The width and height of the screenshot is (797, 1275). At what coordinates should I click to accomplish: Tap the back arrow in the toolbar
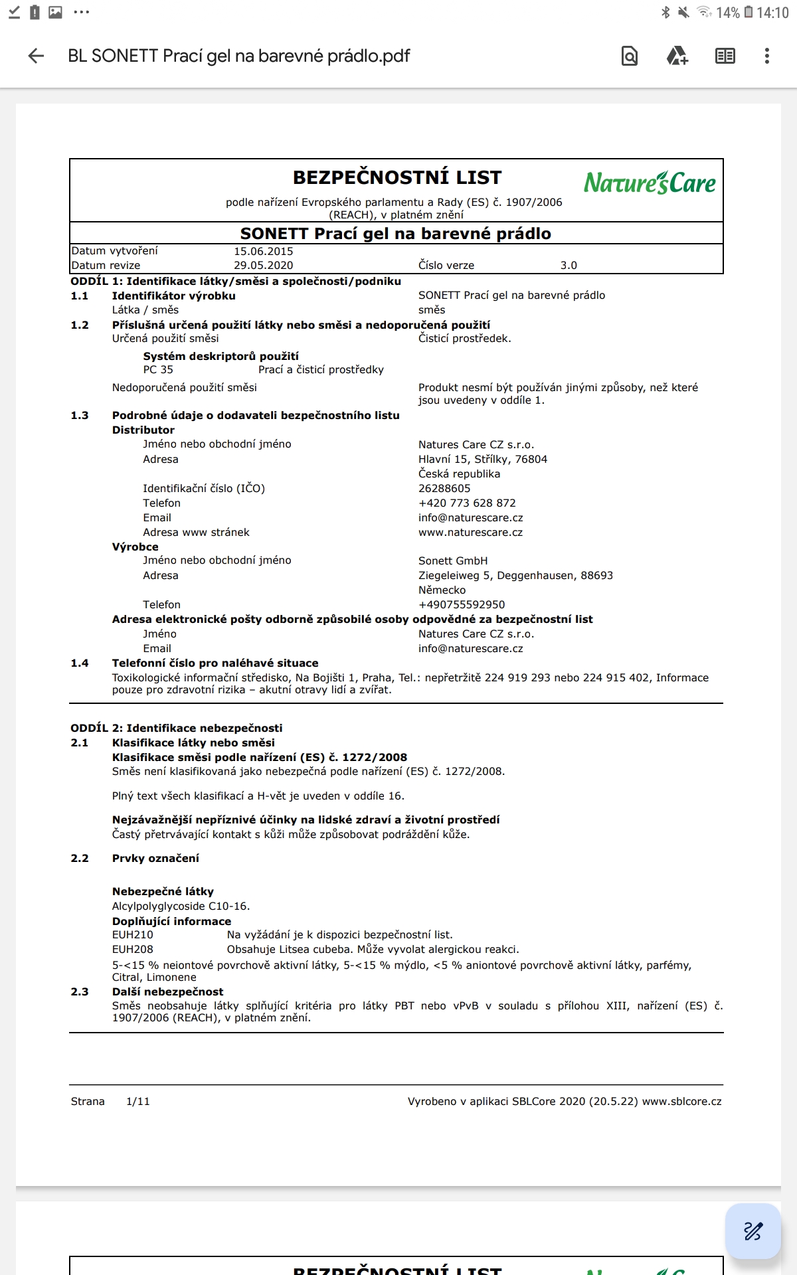point(37,56)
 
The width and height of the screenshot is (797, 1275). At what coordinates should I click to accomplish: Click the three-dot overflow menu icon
point(766,56)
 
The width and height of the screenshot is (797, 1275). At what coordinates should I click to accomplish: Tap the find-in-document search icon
point(629,56)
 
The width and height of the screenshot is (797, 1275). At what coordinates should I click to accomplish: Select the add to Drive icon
point(677,56)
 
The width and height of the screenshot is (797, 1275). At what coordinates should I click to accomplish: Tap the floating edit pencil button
point(753,1231)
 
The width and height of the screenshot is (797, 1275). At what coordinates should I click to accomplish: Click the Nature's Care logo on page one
point(649,183)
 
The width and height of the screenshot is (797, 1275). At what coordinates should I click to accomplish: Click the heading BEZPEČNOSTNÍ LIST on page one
point(397,178)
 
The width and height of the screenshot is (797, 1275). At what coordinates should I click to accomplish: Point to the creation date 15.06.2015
point(263,251)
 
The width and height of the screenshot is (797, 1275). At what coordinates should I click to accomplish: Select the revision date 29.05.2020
point(263,266)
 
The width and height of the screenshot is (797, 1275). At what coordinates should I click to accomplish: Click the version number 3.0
point(569,266)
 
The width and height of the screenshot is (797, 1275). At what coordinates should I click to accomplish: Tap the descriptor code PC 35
point(158,370)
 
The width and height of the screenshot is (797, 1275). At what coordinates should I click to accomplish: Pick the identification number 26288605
point(444,489)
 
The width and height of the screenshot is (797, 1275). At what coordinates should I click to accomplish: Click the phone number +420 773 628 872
point(467,503)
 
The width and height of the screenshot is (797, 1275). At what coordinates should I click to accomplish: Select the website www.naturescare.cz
point(470,533)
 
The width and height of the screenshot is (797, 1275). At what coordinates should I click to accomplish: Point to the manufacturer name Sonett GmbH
point(452,561)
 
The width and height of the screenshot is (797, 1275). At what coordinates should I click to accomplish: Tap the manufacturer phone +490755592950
point(462,605)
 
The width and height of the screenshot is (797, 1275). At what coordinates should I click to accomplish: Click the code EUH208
point(133,950)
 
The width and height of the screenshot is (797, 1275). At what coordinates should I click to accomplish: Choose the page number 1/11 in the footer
point(138,1102)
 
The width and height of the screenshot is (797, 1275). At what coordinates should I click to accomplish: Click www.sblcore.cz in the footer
point(681,1102)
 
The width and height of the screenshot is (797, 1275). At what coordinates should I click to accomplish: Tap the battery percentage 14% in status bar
point(727,13)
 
